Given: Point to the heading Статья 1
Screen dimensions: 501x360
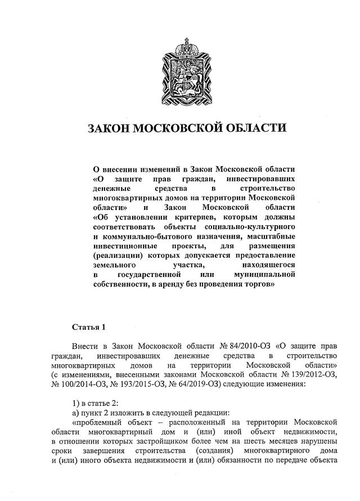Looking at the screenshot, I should [x=89, y=327].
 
